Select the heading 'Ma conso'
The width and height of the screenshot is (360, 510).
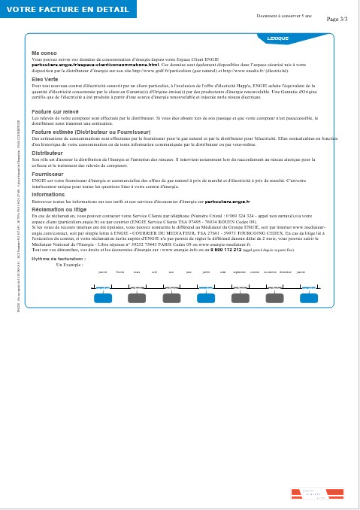43,53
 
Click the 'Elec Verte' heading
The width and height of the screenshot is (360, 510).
44,79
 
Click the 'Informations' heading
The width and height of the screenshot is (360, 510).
48,194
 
